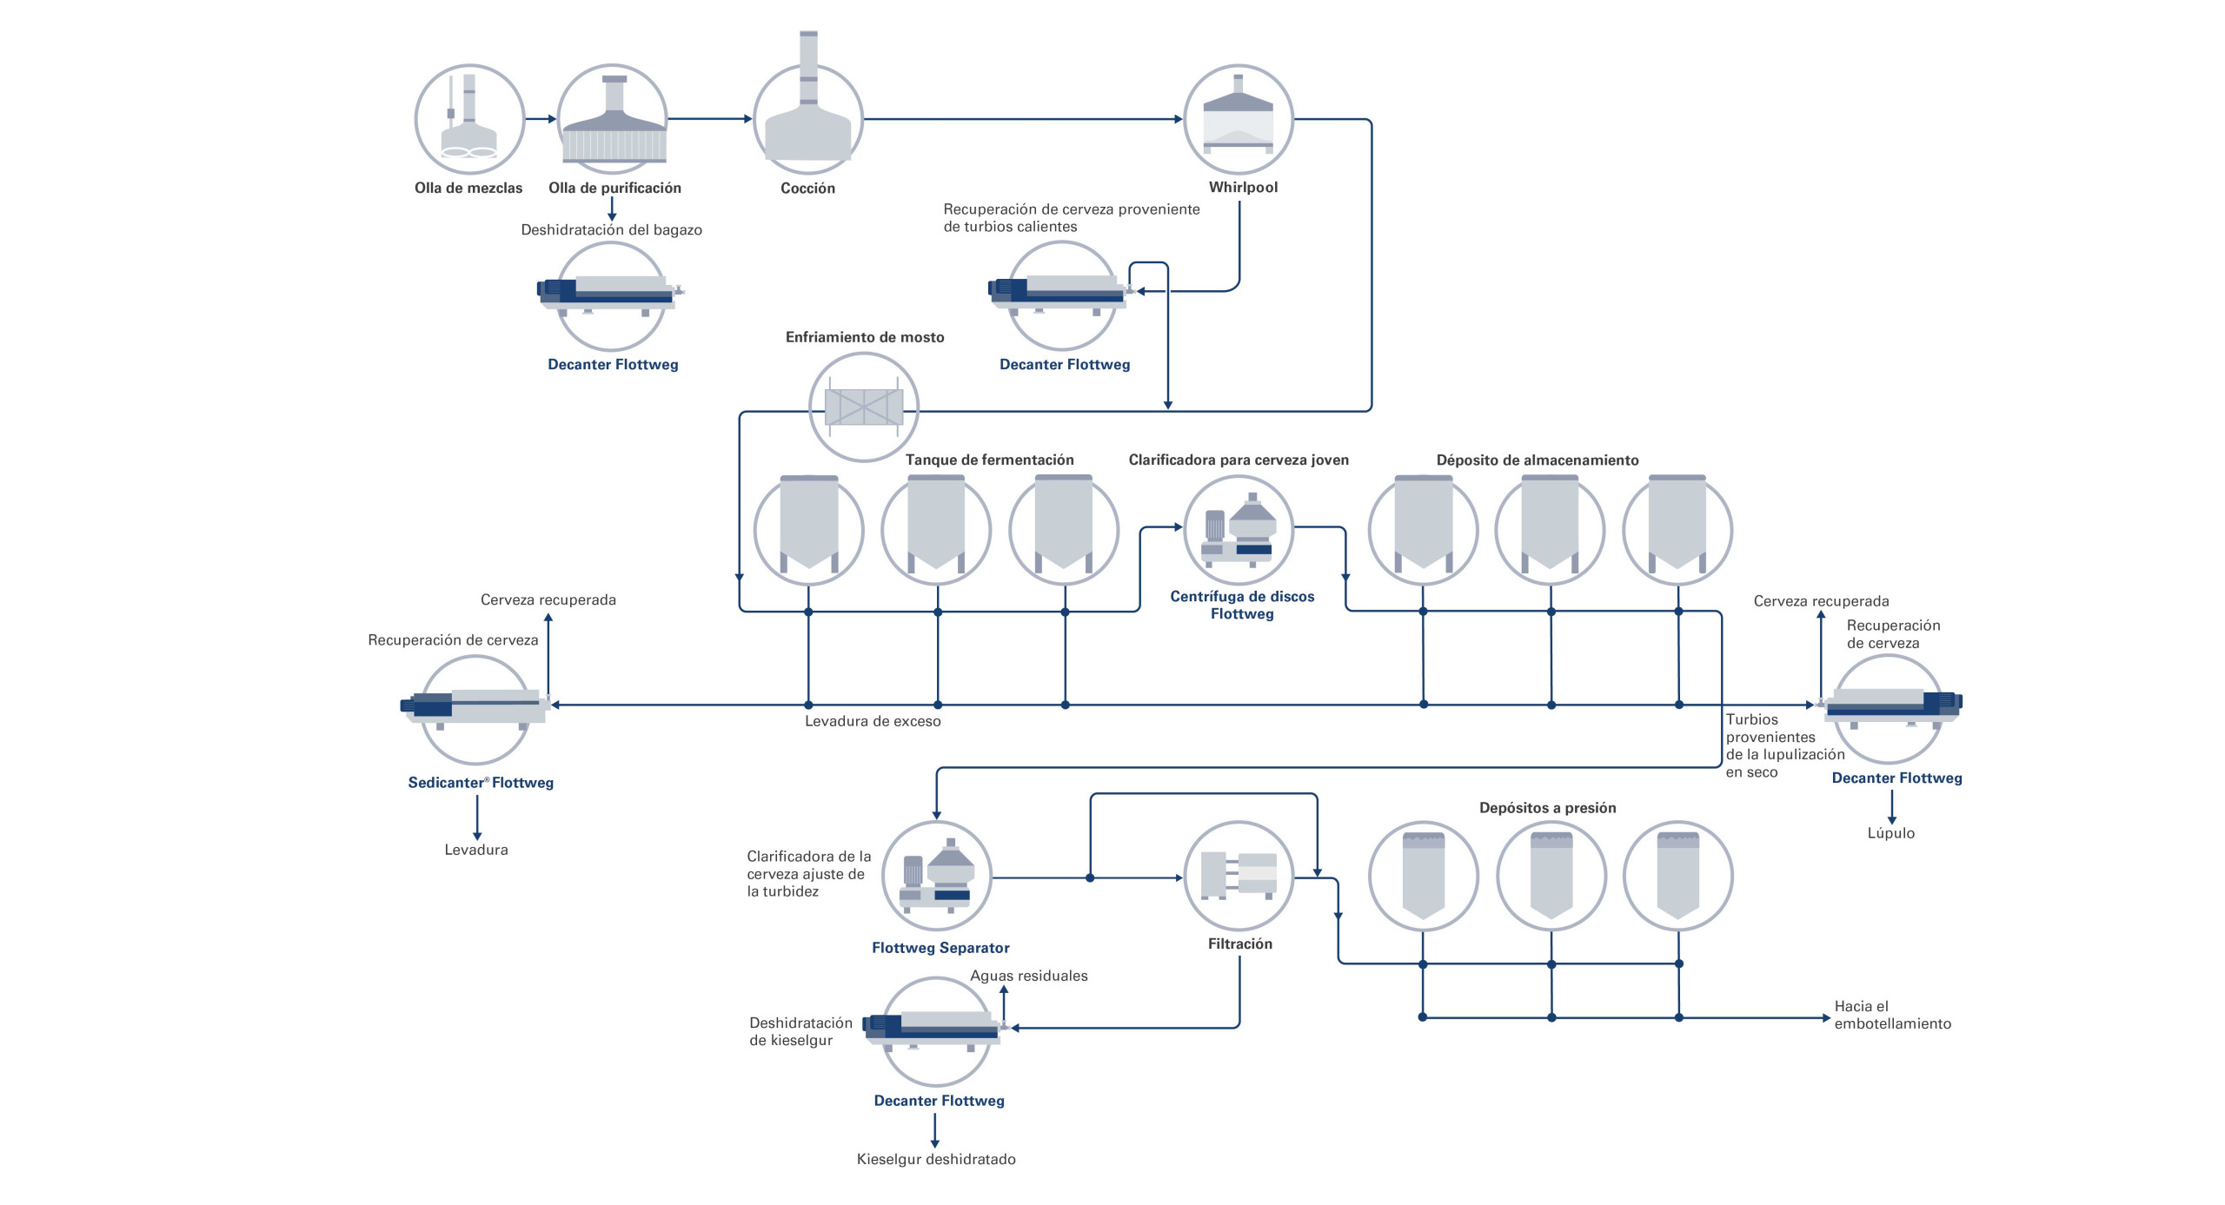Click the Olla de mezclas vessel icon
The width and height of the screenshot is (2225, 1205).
tap(469, 119)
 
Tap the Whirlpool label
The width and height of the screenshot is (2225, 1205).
tap(1243, 187)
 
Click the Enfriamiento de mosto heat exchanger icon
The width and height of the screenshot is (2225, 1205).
tap(863, 406)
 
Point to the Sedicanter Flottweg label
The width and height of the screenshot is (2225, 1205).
tap(481, 783)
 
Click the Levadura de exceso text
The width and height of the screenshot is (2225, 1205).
tap(872, 721)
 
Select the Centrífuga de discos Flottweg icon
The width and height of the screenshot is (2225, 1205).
tap(1239, 530)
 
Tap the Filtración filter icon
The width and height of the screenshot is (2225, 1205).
tap(1239, 876)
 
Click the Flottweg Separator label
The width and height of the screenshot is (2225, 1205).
tap(940, 948)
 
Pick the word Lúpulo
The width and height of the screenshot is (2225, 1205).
tap(1890, 833)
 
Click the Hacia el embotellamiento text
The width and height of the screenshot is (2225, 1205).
tap(1892, 1015)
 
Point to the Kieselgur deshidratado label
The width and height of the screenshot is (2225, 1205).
tap(936, 1159)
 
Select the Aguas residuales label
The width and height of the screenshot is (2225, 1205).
tap(1028, 976)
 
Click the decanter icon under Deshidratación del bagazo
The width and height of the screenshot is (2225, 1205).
tap(610, 294)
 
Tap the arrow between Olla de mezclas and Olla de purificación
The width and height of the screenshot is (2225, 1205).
tap(540, 119)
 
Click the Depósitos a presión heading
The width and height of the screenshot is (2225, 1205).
tap(1547, 808)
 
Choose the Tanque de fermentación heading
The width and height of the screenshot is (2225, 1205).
tap(989, 460)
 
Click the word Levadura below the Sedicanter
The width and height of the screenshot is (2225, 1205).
tap(475, 850)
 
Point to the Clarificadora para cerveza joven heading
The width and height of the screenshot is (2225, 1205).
tap(1239, 460)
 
